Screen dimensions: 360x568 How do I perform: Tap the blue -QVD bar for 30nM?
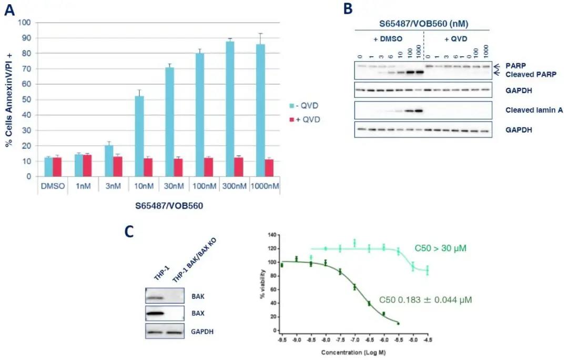pos(170,122)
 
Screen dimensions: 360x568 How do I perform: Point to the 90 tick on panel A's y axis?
pos(25,38)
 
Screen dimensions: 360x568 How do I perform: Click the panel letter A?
pos(9,10)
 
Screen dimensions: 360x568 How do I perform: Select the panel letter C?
pos(129,232)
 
